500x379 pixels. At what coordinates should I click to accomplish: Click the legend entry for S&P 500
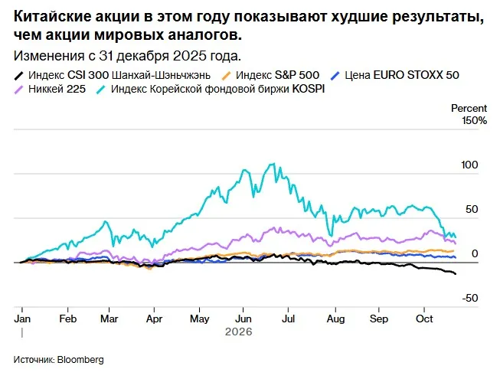[270, 75]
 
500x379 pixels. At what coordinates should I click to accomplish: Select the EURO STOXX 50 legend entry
[395, 75]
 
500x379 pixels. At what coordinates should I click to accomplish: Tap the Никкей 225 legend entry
[50, 89]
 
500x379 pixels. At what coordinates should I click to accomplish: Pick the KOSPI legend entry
[211, 89]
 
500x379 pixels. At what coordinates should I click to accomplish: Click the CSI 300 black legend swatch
[19, 76]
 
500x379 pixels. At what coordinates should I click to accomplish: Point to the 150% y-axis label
[475, 121]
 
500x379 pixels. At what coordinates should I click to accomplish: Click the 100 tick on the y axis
[469, 165]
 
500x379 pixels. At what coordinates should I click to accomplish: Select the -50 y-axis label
[470, 299]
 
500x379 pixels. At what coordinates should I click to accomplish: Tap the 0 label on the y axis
[475, 253]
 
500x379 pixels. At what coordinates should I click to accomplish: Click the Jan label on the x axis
[22, 319]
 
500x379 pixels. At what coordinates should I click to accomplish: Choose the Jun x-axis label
[243, 319]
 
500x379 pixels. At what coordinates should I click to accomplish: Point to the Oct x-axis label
[424, 319]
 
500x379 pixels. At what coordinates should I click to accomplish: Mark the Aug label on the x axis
[336, 319]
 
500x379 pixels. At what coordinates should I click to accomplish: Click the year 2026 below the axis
[239, 332]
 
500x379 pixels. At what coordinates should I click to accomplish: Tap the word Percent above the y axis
[469, 109]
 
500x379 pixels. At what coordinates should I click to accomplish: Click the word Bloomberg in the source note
[80, 360]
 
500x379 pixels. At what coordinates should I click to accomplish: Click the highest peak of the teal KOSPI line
[273, 164]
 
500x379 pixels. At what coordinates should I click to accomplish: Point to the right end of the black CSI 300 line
[456, 274]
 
